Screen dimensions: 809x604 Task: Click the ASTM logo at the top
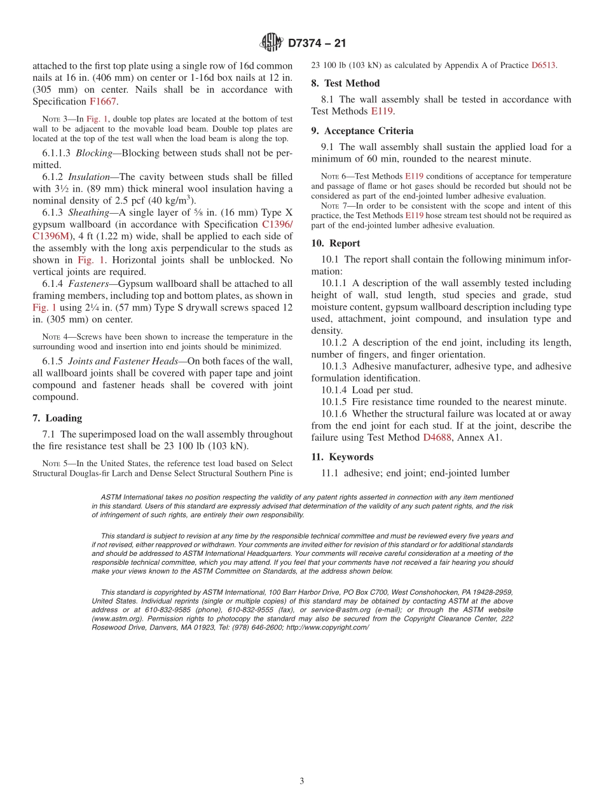coord(271,43)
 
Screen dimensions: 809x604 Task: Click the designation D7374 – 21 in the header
coord(317,44)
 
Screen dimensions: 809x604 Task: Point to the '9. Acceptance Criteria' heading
coord(362,131)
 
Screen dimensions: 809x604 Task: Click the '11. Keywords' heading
coord(342,457)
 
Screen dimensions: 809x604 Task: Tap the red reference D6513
coord(544,65)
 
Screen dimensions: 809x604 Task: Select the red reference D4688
coord(438,438)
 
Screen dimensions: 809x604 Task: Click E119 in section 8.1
coord(382,111)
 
